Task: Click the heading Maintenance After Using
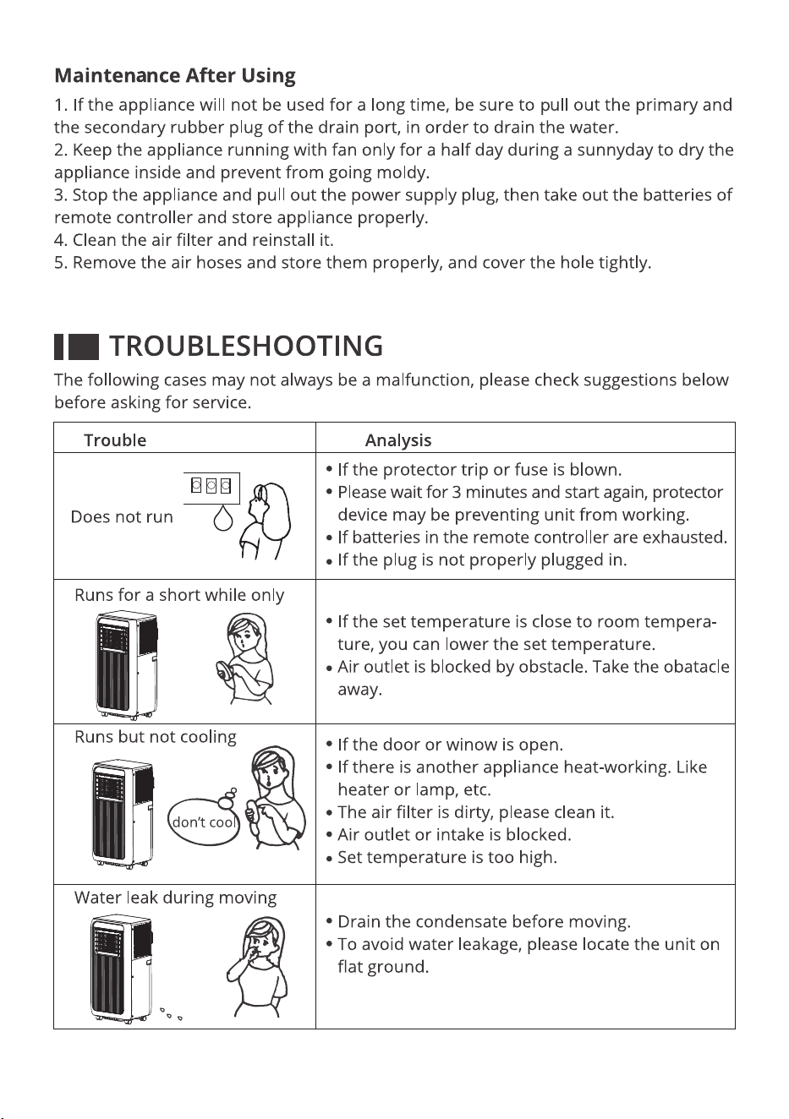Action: click(174, 76)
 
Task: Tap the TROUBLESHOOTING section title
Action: click(246, 346)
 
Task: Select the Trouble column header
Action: click(115, 440)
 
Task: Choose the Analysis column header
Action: click(398, 440)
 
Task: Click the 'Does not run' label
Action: click(122, 516)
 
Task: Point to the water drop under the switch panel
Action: click(223, 517)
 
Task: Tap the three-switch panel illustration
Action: click(211, 488)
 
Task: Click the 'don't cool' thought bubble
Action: click(204, 822)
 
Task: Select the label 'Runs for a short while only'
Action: click(179, 595)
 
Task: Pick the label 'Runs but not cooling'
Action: click(156, 737)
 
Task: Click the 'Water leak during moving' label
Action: click(176, 898)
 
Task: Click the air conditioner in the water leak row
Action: click(121, 969)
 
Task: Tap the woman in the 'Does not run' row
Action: click(265, 521)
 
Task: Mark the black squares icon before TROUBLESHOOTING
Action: click(76, 347)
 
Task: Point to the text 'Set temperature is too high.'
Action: click(447, 857)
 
